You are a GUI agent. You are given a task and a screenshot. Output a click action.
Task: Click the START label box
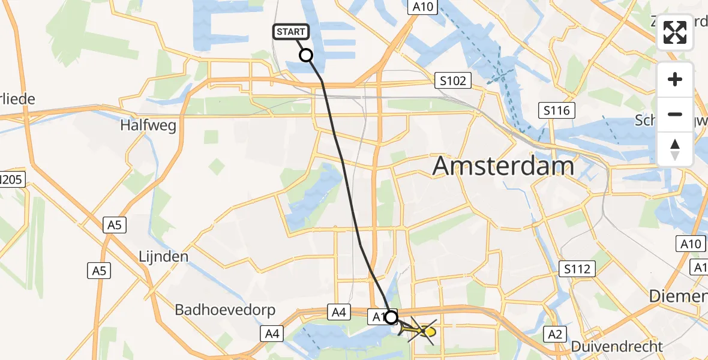[x=291, y=32]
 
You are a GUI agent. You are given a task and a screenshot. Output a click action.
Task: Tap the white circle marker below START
[x=306, y=55]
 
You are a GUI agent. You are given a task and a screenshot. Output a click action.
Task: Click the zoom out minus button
[x=675, y=114]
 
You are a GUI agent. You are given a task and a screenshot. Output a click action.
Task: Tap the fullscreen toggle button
[x=675, y=32]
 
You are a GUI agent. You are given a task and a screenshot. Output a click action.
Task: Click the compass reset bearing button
[x=675, y=149]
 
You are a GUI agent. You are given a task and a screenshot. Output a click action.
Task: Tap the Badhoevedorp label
[x=225, y=310]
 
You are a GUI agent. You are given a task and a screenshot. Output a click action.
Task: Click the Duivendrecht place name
[x=617, y=346]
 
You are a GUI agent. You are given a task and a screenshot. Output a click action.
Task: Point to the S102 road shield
[x=453, y=80]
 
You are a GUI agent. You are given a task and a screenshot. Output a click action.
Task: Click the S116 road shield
[x=557, y=110]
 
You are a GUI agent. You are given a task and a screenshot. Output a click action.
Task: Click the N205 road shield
[x=12, y=179]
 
